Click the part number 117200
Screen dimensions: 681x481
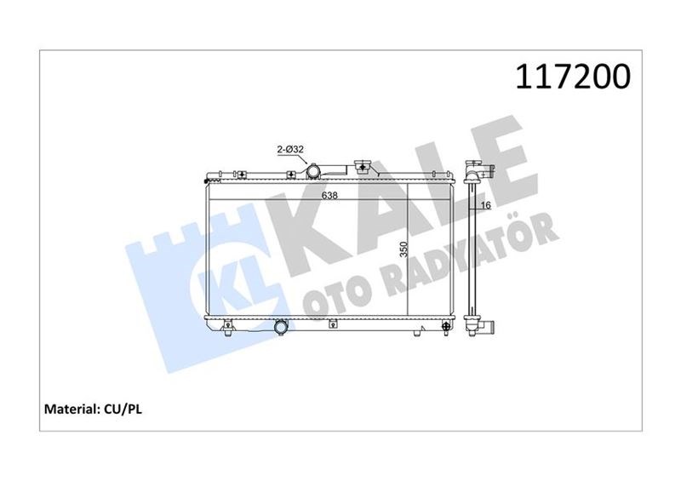(572, 77)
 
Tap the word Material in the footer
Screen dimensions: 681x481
(70, 409)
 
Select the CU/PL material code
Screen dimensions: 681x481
(123, 409)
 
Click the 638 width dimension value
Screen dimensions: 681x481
(329, 195)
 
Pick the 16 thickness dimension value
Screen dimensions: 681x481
(486, 205)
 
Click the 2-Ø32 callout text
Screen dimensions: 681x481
(290, 150)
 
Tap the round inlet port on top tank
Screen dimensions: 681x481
(312, 171)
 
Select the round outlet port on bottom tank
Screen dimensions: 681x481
(282, 327)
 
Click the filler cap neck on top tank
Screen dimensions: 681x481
(361, 166)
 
